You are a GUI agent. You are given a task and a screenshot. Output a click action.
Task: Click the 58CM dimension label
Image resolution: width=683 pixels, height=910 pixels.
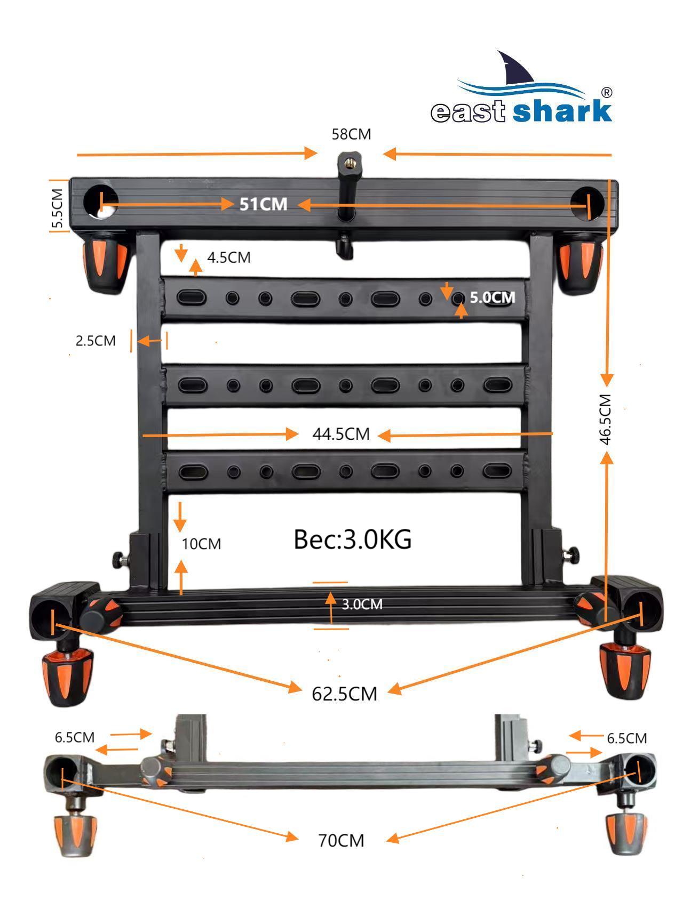(x=351, y=134)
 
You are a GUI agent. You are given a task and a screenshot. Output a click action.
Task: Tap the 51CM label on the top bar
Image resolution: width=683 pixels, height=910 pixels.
(x=263, y=204)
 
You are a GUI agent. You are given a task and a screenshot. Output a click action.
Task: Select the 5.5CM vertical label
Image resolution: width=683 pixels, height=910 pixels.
(x=58, y=208)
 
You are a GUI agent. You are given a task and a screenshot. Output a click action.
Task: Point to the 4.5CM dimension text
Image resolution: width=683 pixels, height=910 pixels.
(x=228, y=257)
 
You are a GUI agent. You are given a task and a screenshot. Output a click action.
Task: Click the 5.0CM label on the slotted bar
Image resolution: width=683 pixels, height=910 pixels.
(x=492, y=297)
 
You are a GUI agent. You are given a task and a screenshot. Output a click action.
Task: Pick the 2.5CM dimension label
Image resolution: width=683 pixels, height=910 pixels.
(x=96, y=341)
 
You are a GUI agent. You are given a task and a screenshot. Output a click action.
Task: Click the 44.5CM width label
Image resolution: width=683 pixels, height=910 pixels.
(x=341, y=434)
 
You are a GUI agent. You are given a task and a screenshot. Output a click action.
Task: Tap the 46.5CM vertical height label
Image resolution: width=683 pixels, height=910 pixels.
(x=605, y=419)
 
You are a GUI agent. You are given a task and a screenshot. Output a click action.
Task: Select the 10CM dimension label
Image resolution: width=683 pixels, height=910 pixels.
(x=201, y=544)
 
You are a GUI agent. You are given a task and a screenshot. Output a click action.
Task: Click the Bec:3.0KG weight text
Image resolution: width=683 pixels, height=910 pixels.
(x=353, y=539)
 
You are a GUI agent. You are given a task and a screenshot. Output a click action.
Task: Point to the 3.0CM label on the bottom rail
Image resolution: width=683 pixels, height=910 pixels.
(x=362, y=605)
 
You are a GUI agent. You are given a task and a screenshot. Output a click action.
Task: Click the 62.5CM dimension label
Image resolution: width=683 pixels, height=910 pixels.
(x=344, y=694)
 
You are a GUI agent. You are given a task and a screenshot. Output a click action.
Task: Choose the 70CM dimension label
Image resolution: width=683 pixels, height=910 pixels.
(x=341, y=841)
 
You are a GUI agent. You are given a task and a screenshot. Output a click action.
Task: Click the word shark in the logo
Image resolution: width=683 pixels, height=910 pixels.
(x=562, y=111)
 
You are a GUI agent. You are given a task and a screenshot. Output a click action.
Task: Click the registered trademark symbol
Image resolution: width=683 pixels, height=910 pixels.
(x=607, y=92)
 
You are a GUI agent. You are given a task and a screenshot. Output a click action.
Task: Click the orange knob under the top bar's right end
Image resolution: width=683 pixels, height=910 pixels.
(x=580, y=264)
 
